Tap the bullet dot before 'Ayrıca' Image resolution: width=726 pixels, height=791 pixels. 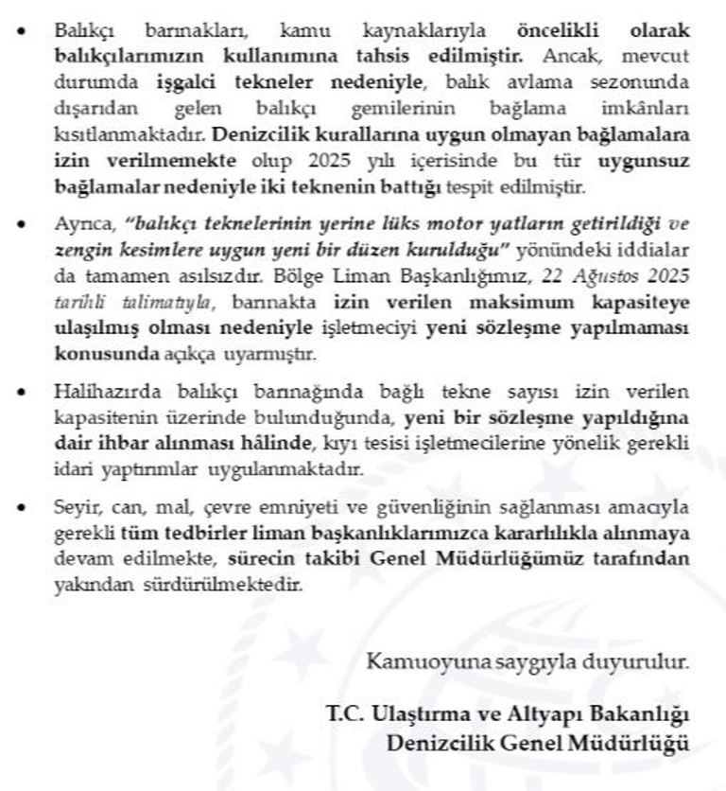point(23,226)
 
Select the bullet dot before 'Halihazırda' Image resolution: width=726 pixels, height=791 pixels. point(23,393)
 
